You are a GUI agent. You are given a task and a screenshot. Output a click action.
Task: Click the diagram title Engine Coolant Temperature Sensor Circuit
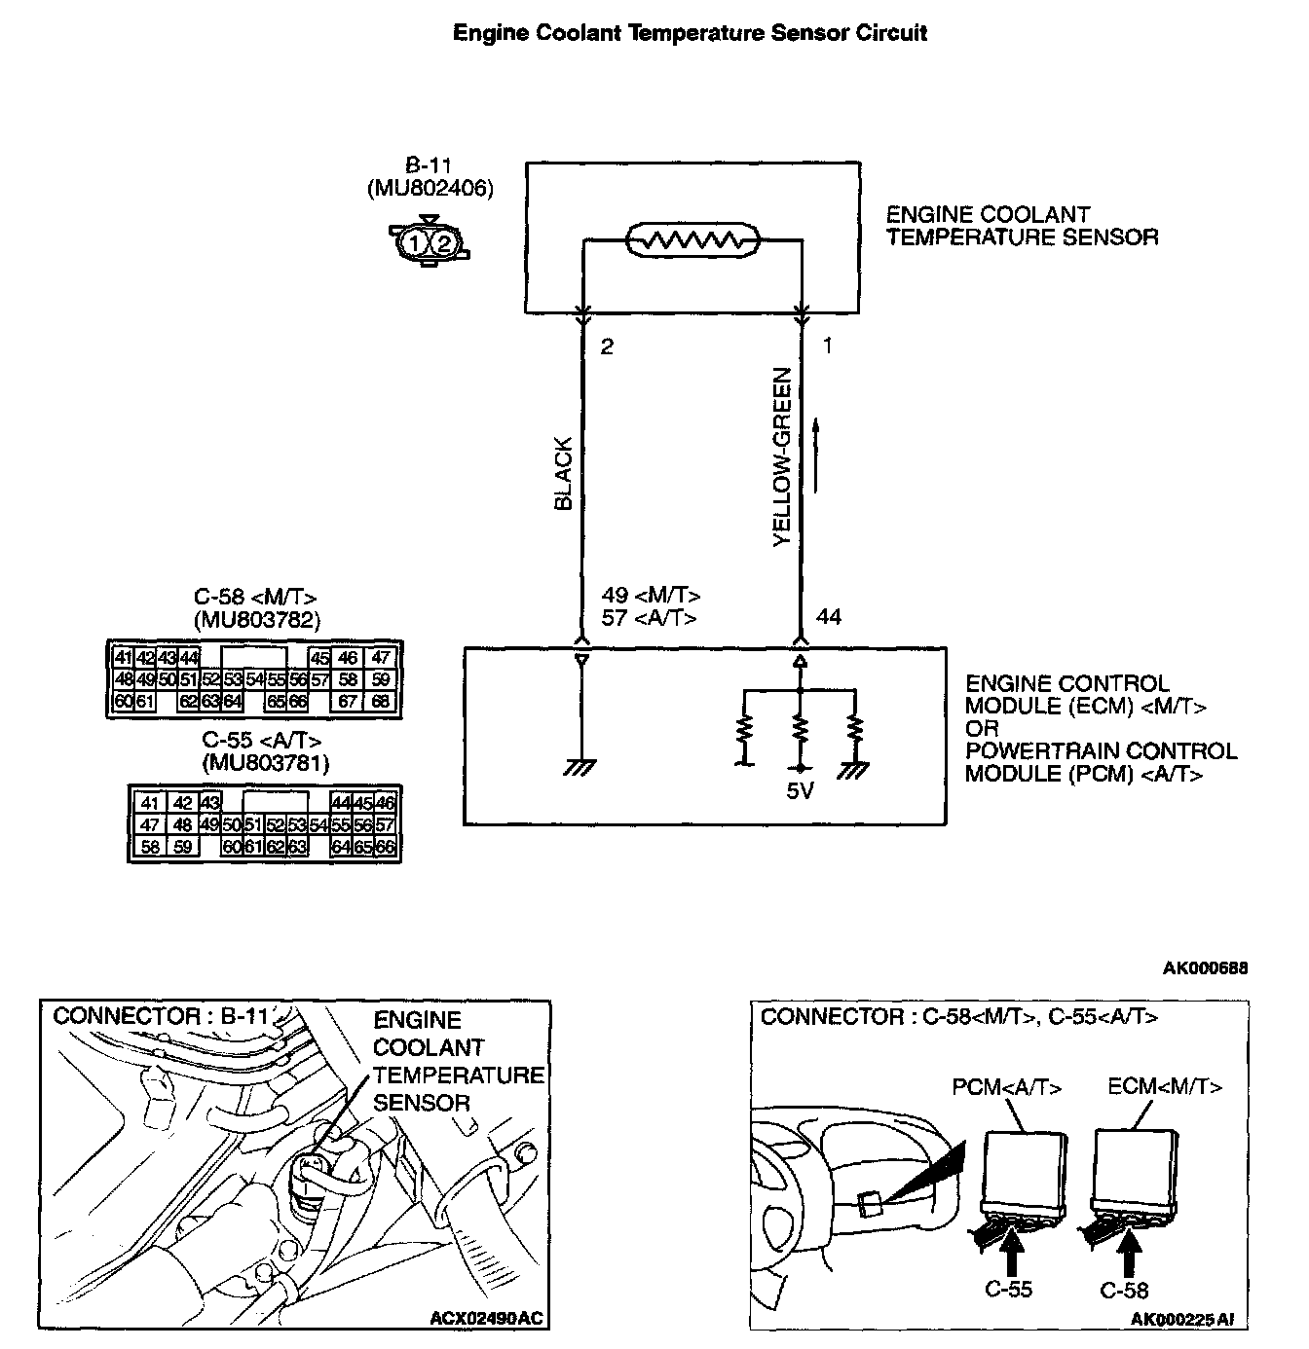(x=691, y=33)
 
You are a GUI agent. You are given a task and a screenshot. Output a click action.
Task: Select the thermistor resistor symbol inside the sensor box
(x=691, y=239)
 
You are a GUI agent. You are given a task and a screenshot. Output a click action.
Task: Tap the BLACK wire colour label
(x=564, y=474)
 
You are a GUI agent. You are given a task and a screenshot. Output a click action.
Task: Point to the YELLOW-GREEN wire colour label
(x=781, y=456)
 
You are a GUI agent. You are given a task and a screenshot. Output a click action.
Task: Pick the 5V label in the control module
(x=800, y=791)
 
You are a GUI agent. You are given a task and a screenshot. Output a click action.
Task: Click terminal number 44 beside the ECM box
(x=829, y=616)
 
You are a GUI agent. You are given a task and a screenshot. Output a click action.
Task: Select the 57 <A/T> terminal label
(x=649, y=617)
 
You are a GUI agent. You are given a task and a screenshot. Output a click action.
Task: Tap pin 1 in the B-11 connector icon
(x=416, y=241)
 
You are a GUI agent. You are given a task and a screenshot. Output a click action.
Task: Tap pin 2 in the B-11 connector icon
(x=443, y=241)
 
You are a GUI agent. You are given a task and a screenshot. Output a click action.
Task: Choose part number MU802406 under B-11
(x=430, y=189)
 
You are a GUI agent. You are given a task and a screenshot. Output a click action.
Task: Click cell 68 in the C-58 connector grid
(x=380, y=701)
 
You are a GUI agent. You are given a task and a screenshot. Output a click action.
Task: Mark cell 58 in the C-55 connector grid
(x=150, y=847)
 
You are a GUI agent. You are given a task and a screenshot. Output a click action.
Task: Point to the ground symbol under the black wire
(x=580, y=769)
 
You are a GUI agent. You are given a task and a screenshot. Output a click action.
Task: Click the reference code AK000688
(x=1205, y=967)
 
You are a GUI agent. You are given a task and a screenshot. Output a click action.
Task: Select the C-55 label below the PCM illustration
(x=1008, y=1289)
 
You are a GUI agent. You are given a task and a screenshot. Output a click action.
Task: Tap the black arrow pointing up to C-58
(x=1129, y=1252)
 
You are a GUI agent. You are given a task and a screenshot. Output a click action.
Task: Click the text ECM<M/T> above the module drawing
(x=1165, y=1087)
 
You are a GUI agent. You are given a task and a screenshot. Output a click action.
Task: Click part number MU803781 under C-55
(x=266, y=764)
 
